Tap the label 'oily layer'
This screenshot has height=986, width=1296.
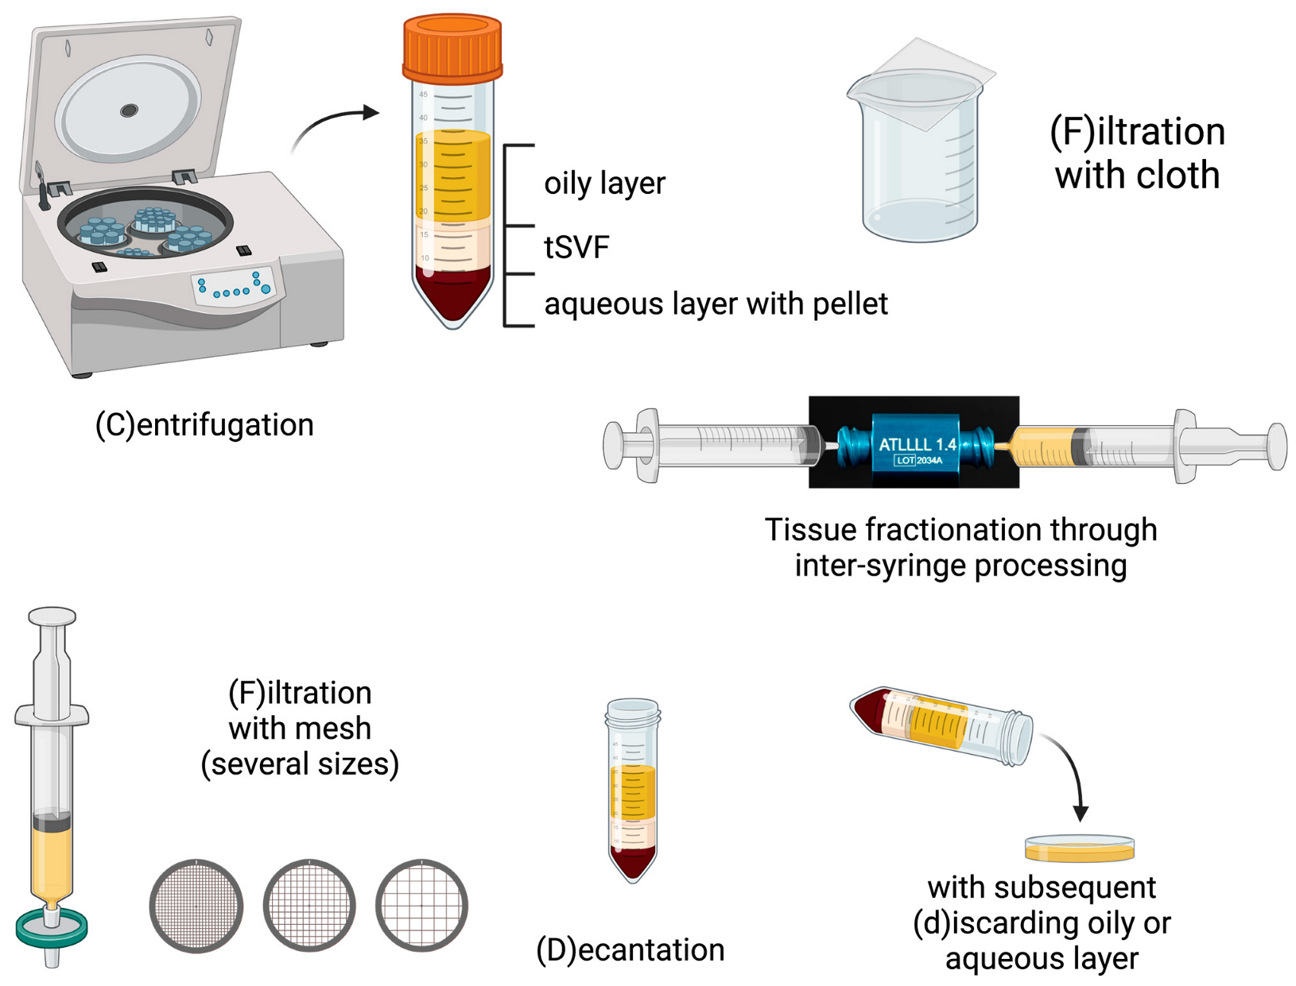pyautogui.click(x=604, y=184)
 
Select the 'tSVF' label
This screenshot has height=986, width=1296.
pyautogui.click(x=576, y=248)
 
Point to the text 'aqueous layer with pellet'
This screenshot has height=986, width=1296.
pyautogui.click(x=716, y=304)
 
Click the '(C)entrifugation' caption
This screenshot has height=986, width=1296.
pyautogui.click(x=204, y=425)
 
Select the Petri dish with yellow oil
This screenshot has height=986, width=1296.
pyautogui.click(x=1079, y=849)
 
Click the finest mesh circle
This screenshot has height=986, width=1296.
pyautogui.click(x=196, y=905)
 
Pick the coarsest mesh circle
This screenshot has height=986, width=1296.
pyautogui.click(x=421, y=905)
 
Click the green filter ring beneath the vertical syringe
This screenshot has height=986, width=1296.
pyautogui.click(x=52, y=926)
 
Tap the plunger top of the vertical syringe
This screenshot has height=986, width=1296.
pyautogui.click(x=52, y=617)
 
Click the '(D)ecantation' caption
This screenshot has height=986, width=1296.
pyautogui.click(x=630, y=950)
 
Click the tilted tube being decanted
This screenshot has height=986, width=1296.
pyautogui.click(x=942, y=725)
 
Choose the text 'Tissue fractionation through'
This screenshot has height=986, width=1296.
pyautogui.click(x=960, y=530)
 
